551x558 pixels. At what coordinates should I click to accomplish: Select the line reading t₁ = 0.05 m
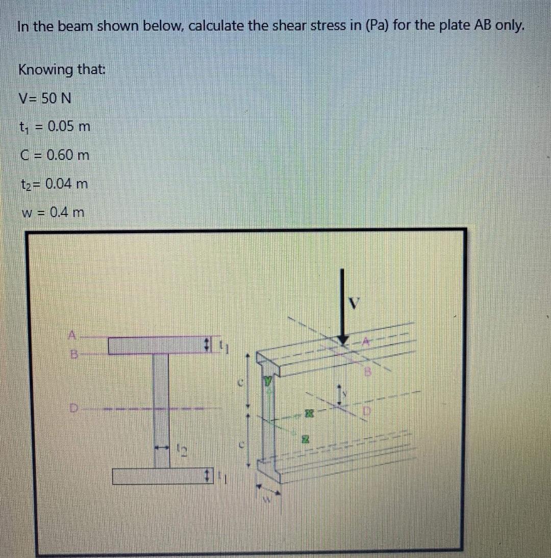click(x=54, y=126)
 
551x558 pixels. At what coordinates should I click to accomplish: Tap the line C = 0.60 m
click(x=54, y=154)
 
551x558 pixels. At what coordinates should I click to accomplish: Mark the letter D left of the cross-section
click(x=73, y=408)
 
